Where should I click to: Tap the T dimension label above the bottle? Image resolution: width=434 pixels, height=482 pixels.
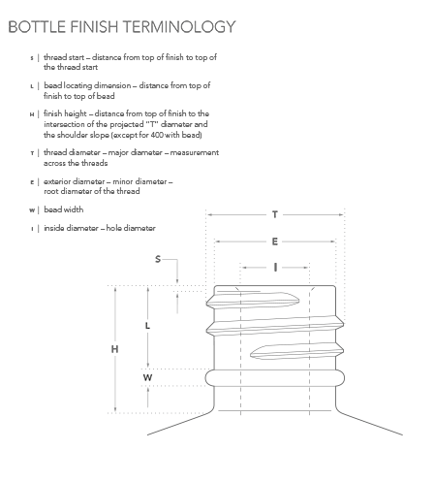[x=275, y=214]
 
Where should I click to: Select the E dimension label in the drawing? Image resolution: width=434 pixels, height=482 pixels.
[x=275, y=241]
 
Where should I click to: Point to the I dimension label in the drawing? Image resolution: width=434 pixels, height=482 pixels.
[x=275, y=268]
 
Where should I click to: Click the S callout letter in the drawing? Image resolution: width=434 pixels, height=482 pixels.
[x=158, y=259]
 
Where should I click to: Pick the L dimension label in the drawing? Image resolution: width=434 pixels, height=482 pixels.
[x=147, y=326]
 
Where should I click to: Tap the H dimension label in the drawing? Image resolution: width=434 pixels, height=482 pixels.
[x=114, y=349]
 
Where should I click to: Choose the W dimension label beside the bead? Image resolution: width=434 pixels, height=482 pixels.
[x=147, y=377]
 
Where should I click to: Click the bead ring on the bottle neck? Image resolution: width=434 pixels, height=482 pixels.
[x=275, y=378]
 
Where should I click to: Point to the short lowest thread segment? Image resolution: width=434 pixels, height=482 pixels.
[x=296, y=351]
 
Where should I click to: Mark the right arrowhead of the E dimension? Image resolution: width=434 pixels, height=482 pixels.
[x=332, y=241]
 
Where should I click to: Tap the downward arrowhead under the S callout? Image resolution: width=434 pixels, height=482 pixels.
[x=177, y=281]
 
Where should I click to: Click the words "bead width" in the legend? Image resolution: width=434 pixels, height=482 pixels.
[x=64, y=209]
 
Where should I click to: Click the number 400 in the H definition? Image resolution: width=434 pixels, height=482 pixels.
[x=157, y=135]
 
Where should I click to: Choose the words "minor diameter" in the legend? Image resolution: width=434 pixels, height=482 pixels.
[x=139, y=181]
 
